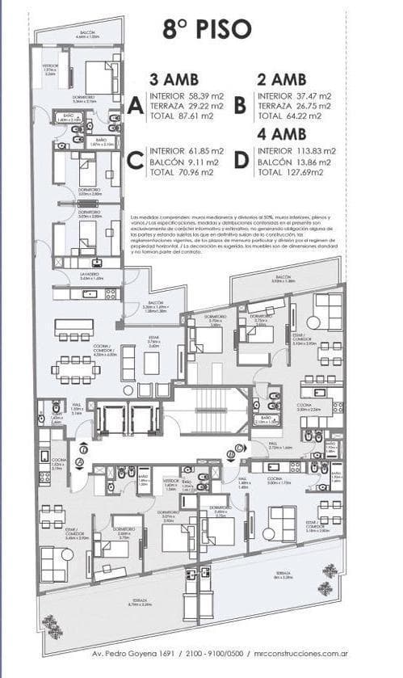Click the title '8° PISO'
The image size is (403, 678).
206,30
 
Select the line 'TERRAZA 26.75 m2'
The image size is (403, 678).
295,105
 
